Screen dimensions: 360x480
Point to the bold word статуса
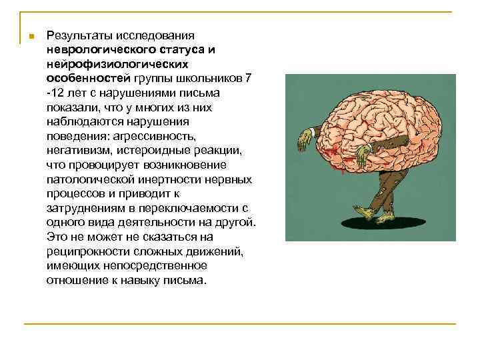pos(189,50)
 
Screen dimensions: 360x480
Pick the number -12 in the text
pos(55,92)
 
